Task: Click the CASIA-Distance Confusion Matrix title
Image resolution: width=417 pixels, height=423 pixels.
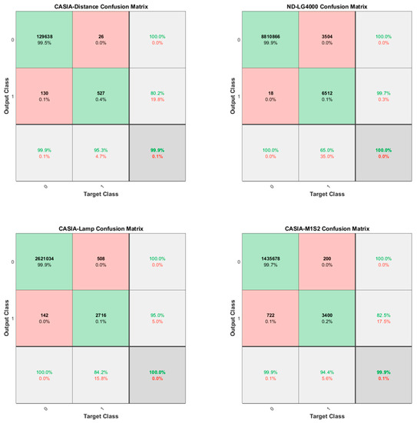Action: point(101,7)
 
